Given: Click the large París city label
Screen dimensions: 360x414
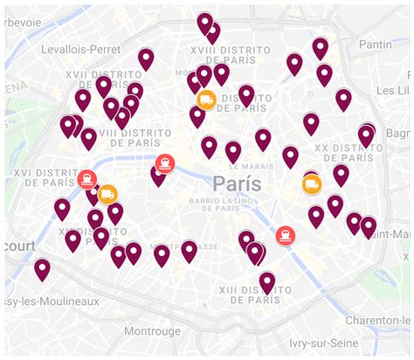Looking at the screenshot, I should (237, 184).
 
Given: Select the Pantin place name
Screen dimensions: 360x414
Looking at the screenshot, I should (376, 44).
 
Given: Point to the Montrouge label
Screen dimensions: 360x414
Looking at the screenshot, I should (151, 331).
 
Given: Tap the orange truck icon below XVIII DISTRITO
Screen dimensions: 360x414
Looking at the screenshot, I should (206, 100).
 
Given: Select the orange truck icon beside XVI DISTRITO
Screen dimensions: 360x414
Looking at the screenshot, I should (108, 193).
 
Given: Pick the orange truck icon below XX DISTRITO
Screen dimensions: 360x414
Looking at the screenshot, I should (312, 184).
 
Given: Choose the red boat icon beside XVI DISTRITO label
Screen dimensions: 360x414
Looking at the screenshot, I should (86, 180).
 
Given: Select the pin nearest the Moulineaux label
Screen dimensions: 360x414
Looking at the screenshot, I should (42, 269).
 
